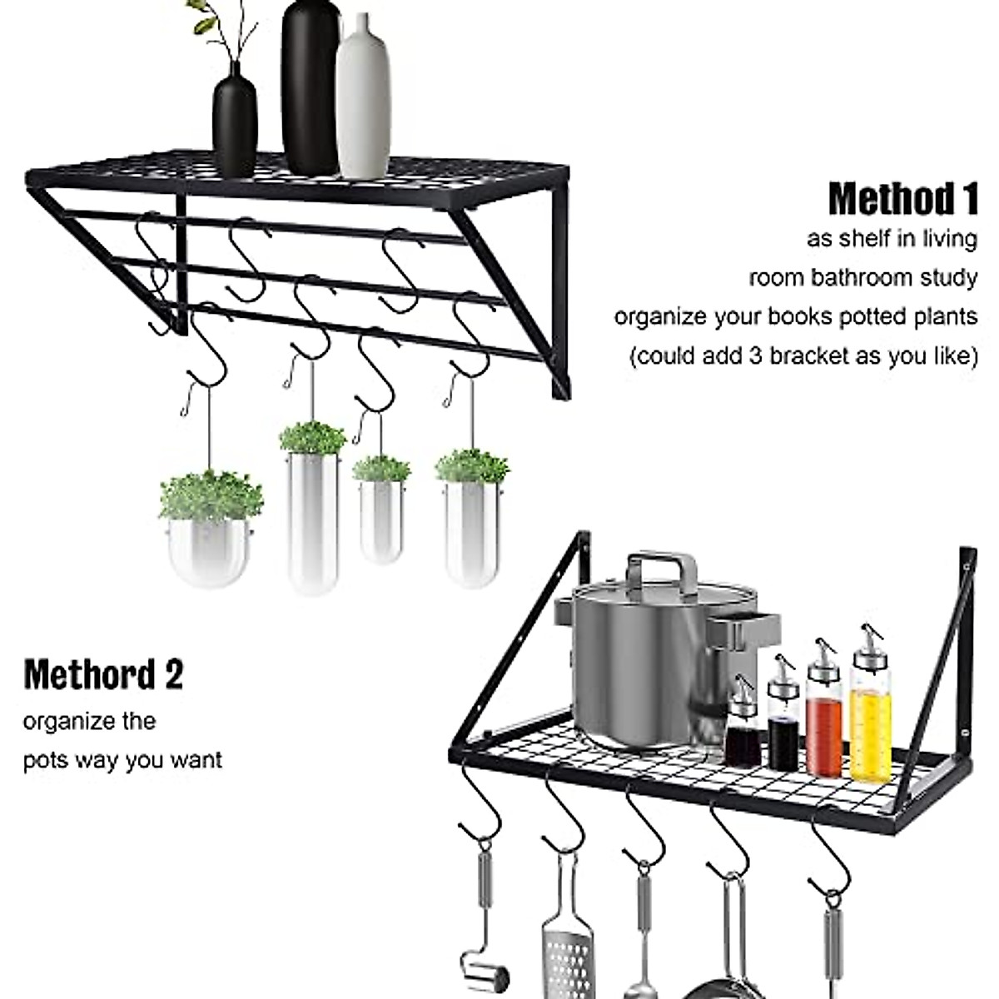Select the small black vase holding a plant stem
[235, 121]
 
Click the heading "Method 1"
[902, 200]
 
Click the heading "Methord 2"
[103, 674]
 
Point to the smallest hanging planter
[381, 516]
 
